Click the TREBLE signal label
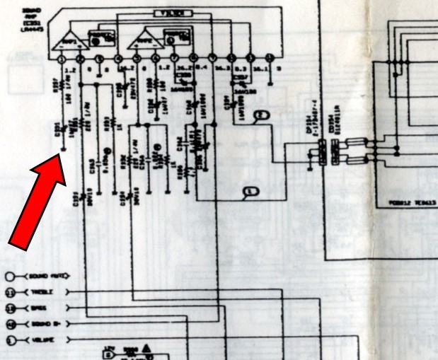pyautogui.click(x=40, y=291)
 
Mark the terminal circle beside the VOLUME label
pyautogui.click(x=11, y=340)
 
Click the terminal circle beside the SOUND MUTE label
pyautogui.click(x=11, y=275)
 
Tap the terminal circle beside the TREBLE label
pyautogui.click(x=11, y=291)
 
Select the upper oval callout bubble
pyautogui.click(x=262, y=115)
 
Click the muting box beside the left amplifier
pyautogui.click(x=100, y=37)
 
